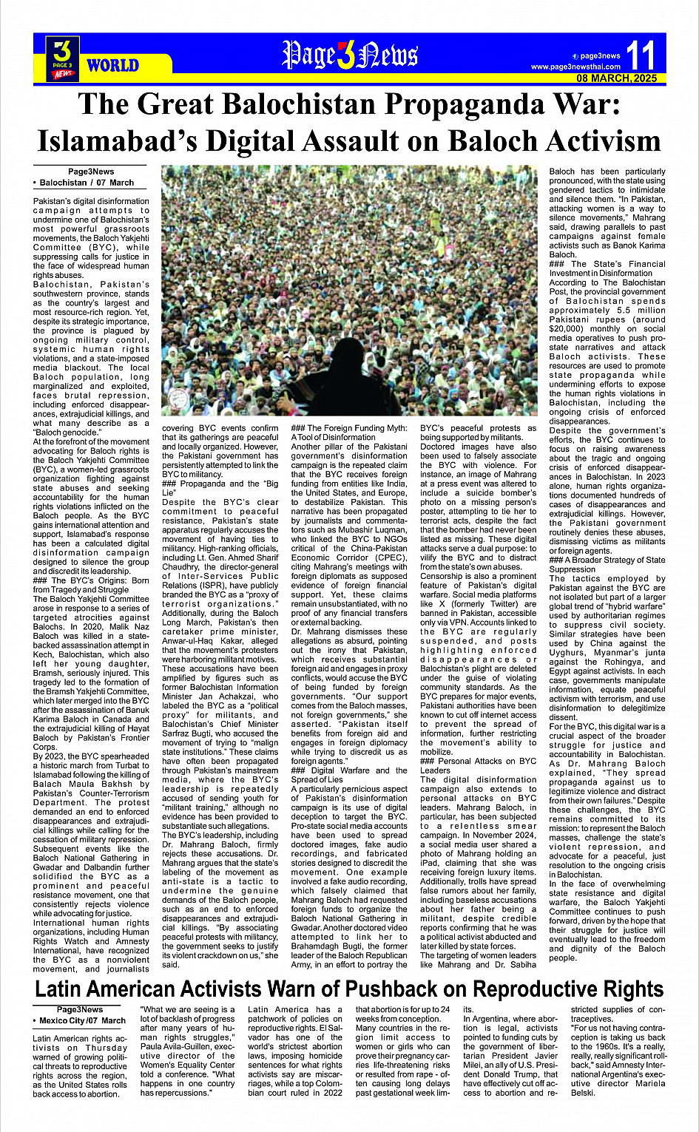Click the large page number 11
[x=640, y=55]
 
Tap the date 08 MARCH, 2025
[x=617, y=78]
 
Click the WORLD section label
[x=112, y=65]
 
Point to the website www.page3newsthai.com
[x=575, y=67]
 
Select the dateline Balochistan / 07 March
[x=87, y=183]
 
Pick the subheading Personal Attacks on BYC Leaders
[x=478, y=765]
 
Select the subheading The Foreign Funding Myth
[x=349, y=433]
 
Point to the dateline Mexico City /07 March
[x=83, y=1021]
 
